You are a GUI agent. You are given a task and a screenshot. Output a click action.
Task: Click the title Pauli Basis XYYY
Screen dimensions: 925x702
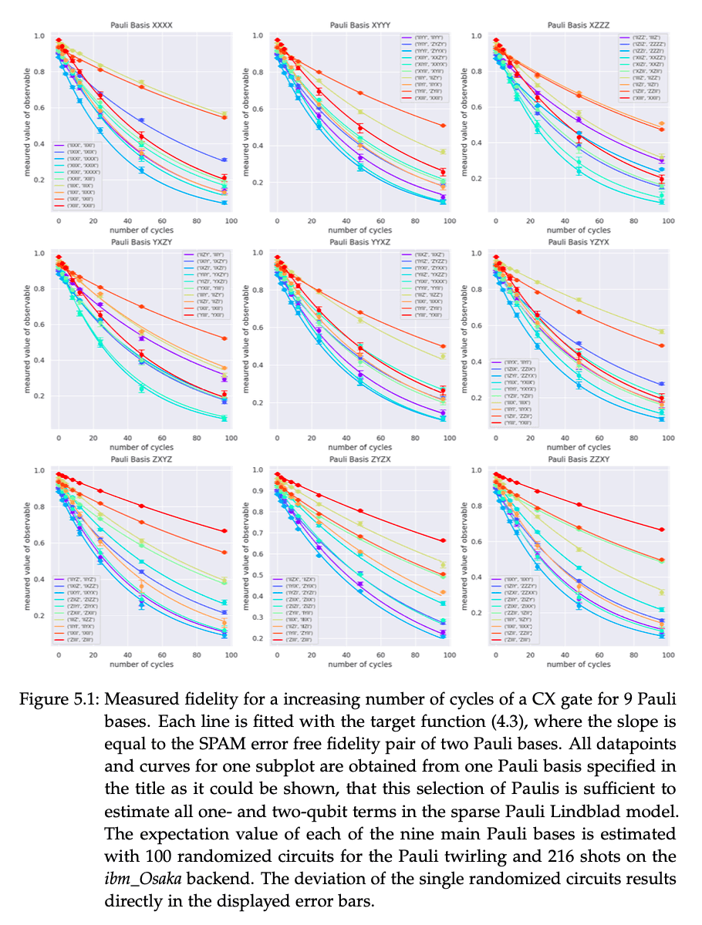tap(359, 25)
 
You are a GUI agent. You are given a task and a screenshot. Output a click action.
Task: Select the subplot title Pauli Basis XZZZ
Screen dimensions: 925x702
tap(579, 25)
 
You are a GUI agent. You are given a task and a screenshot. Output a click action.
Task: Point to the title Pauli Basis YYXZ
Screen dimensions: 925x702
tap(359, 242)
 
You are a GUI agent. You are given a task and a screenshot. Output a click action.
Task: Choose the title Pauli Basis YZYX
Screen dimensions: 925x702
tap(579, 242)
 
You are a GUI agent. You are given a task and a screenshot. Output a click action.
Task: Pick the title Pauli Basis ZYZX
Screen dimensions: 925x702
tap(359, 459)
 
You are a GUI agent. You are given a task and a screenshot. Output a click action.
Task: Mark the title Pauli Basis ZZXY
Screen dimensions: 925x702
tap(579, 459)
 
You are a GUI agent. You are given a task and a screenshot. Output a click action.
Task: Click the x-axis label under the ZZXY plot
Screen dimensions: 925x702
tap(579, 664)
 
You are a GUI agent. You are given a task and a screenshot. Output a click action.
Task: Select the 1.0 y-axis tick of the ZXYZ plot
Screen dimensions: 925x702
tap(37, 471)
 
